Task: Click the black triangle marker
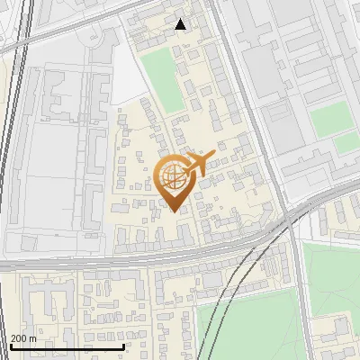181,24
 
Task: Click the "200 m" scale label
24,338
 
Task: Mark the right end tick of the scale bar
122,346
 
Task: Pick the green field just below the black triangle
164,79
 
